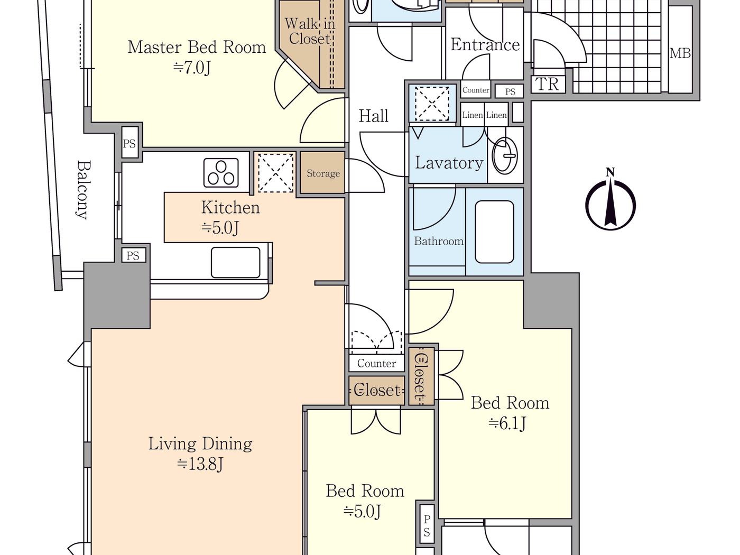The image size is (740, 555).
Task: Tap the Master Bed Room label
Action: coord(197,48)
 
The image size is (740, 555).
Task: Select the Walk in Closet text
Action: coord(310,31)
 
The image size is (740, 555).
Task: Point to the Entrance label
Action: coord(485,45)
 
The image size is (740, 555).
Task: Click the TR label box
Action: coord(548,85)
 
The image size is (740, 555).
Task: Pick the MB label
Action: coord(680,53)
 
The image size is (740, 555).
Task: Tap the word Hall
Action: coord(373,116)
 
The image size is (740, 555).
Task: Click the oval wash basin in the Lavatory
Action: coord(505,156)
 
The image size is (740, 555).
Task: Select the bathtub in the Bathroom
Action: coord(494,232)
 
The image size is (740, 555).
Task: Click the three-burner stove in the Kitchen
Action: coord(221,173)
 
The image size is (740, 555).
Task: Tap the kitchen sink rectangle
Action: coord(236,262)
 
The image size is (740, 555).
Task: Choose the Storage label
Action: coord(323,173)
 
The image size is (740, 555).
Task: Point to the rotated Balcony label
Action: coord(82,190)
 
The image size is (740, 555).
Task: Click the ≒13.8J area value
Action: coord(200,464)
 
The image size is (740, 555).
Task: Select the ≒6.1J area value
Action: coord(507,423)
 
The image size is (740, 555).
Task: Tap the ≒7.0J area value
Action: coord(192,68)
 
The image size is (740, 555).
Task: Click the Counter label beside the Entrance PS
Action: coord(476,90)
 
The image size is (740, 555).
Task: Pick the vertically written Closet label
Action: coord(420,376)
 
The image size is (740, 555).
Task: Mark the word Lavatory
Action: coord(449,163)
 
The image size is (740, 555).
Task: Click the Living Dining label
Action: coord(200,443)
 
